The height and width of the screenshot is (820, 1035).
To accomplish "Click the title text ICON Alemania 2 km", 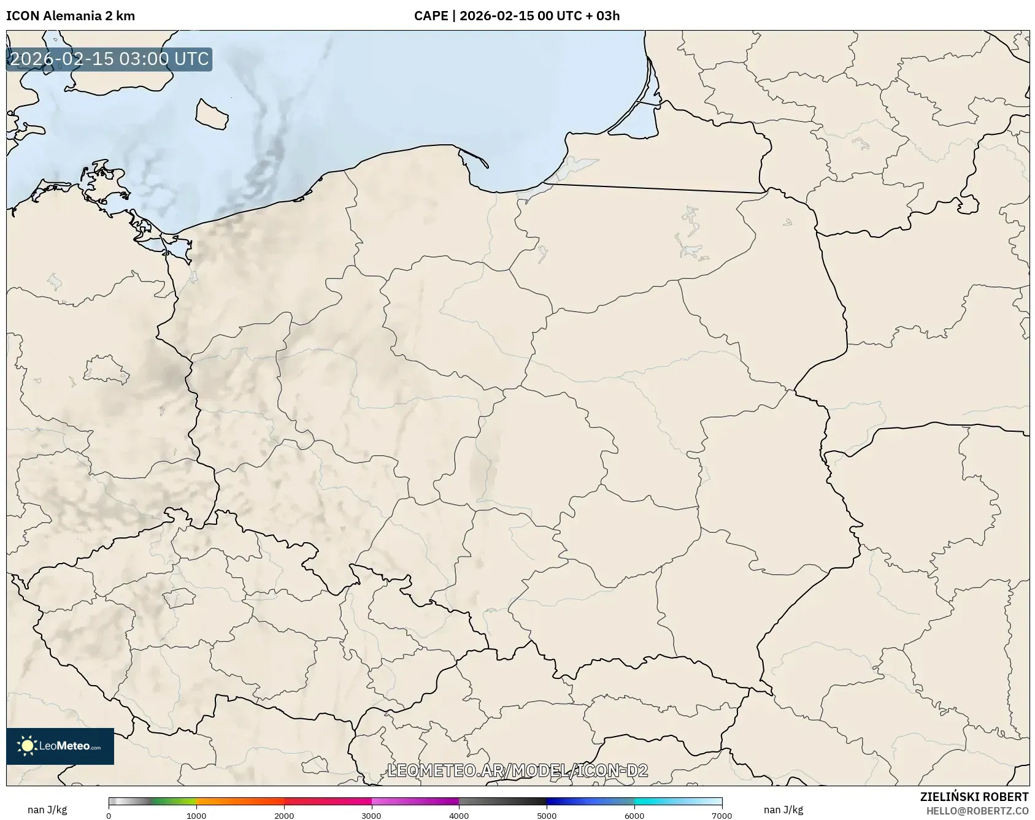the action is point(71,16).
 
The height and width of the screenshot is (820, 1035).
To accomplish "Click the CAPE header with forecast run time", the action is point(517,16).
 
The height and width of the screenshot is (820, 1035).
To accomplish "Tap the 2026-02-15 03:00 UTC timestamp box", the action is point(109,59).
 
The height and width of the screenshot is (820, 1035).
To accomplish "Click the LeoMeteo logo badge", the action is point(60,746).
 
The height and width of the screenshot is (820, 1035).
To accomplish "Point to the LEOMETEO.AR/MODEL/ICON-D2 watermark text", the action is point(517,770).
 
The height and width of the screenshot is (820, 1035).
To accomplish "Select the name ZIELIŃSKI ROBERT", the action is point(974,797).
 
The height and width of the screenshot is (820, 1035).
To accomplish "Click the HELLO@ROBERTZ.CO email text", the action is point(977,811).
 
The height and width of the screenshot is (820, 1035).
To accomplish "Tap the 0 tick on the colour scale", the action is point(109,816).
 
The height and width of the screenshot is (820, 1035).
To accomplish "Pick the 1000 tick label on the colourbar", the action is point(196,816).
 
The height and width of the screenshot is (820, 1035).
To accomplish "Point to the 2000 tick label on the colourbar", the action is point(284,816).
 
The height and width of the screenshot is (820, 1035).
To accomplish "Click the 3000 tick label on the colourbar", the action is point(371,816).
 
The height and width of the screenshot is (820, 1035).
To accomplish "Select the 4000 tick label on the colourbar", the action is point(459,816).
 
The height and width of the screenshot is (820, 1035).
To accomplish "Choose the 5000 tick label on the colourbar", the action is point(547,816).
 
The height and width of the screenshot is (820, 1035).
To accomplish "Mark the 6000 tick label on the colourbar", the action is point(634,816).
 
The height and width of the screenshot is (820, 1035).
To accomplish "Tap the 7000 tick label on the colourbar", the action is point(721,816).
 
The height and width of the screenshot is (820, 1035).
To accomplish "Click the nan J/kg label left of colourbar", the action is point(47,810).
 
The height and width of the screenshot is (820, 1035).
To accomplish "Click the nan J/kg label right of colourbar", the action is point(783,810).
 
